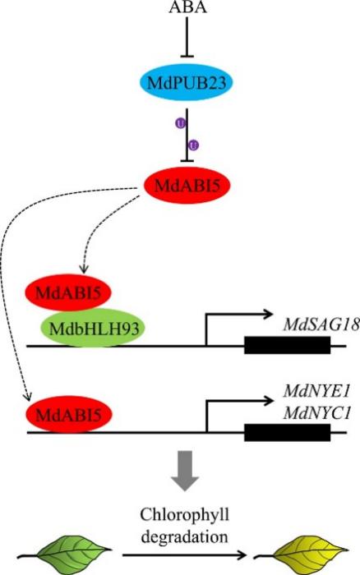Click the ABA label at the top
(x=189, y=7)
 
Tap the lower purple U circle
(x=195, y=145)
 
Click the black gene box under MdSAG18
(x=288, y=345)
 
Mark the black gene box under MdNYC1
(x=288, y=432)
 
